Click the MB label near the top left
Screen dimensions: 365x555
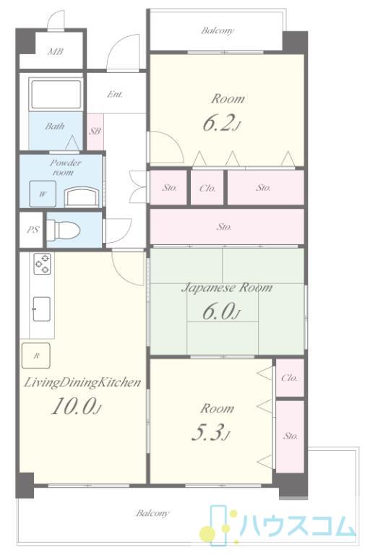[x=56, y=52]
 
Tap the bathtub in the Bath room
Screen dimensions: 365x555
[x=56, y=95]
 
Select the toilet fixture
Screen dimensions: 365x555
[x=63, y=229]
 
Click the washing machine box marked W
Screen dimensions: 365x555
[x=43, y=194]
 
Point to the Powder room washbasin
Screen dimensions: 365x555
[x=82, y=197]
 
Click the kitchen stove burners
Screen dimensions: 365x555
[x=42, y=264]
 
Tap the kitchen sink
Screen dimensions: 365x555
[x=41, y=309]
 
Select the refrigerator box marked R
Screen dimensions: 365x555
[x=35, y=356]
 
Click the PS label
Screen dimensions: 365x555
[x=33, y=230]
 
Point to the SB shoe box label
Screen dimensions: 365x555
[x=95, y=132]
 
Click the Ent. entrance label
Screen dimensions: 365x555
[x=115, y=94]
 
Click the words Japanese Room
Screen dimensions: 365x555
[x=227, y=288]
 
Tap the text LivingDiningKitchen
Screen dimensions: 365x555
[x=82, y=382]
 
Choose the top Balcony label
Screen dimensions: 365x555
[x=218, y=30]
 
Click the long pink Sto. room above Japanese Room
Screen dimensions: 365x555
[x=227, y=226]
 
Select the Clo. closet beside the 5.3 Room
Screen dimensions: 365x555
[x=290, y=378]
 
